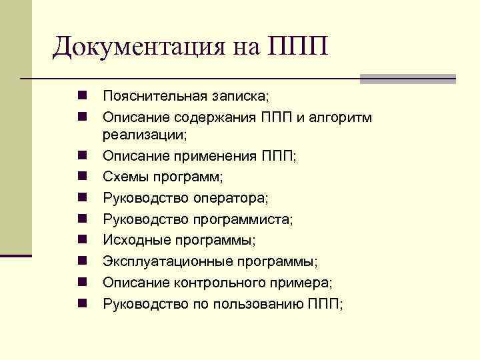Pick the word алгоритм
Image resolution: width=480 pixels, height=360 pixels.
click(x=339, y=117)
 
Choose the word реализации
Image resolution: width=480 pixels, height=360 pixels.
click(x=143, y=135)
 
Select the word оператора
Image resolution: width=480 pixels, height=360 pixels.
click(x=229, y=198)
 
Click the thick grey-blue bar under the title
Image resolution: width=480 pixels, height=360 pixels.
click(x=407, y=79)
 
